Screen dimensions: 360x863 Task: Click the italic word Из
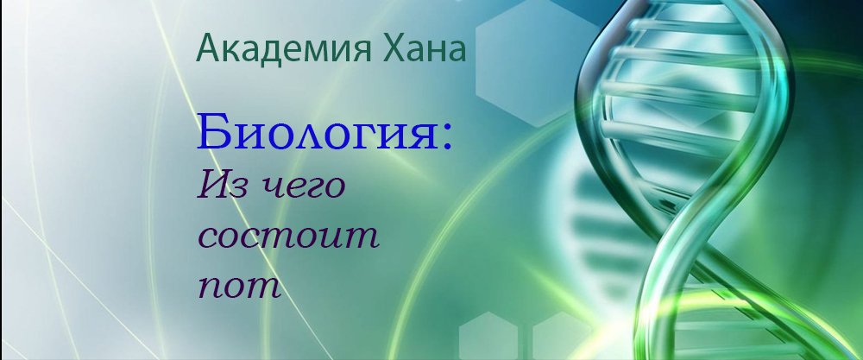(218, 185)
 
